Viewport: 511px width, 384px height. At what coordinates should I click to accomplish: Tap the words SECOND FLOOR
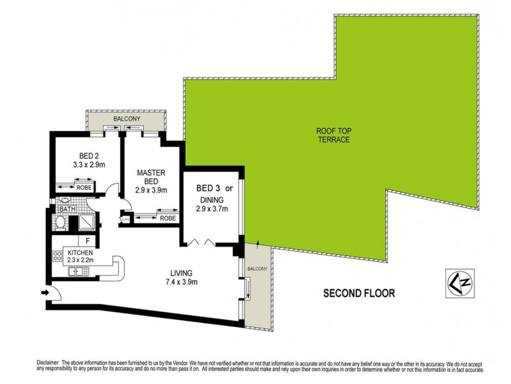(x=358, y=294)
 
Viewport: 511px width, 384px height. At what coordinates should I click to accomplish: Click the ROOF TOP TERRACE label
(x=333, y=135)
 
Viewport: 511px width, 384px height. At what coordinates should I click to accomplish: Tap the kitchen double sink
(x=77, y=271)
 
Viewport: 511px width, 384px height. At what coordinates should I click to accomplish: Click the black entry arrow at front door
(x=44, y=293)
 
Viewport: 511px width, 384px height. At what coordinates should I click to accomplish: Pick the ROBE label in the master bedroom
(x=168, y=218)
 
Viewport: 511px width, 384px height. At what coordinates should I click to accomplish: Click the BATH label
(x=66, y=209)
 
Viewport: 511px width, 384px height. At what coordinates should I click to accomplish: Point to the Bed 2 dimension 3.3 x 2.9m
(x=88, y=164)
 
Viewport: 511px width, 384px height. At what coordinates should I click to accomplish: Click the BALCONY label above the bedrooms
(x=126, y=120)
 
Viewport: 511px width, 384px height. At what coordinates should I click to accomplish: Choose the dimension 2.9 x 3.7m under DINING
(x=212, y=209)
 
